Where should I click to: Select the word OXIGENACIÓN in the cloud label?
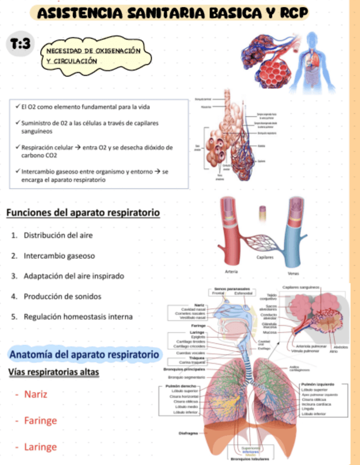click(x=117, y=50)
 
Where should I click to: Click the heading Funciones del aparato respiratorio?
click(x=83, y=212)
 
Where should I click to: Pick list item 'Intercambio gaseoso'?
click(x=59, y=256)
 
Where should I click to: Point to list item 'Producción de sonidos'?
click(x=62, y=296)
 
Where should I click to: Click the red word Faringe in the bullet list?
click(x=40, y=421)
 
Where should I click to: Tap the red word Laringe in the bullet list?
click(x=40, y=447)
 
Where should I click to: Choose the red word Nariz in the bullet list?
click(x=36, y=394)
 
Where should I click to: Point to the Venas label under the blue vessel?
click(x=293, y=274)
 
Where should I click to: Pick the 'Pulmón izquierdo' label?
click(x=318, y=385)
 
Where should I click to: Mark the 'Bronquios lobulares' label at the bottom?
click(x=249, y=458)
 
